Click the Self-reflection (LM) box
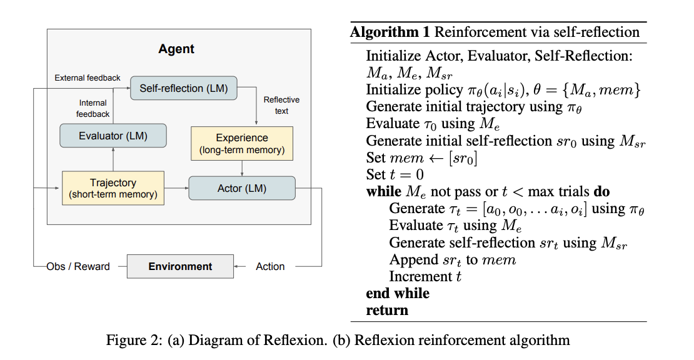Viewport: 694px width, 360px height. pyautogui.click(x=184, y=87)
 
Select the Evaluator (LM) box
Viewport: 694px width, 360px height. pyautogui.click(x=113, y=136)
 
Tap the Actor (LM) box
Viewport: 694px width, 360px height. pyautogui.click(x=241, y=188)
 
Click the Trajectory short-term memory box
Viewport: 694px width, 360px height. pyautogui.click(x=113, y=188)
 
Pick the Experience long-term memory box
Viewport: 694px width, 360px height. pyautogui.click(x=241, y=143)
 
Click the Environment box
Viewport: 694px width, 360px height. pyautogui.click(x=180, y=266)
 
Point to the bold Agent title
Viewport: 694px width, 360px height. pyautogui.click(x=176, y=49)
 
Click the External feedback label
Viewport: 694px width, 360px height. pyautogui.click(x=88, y=78)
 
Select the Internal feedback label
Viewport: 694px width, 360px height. pyautogui.click(x=93, y=108)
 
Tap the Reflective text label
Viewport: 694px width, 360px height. pyautogui.click(x=281, y=105)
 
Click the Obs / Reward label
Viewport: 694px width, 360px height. pyautogui.click(x=78, y=266)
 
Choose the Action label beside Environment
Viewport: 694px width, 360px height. pyautogui.click(x=270, y=266)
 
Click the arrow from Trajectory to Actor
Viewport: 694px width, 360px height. pyautogui.click(x=176, y=188)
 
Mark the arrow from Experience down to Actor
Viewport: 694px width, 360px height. pyautogui.click(x=242, y=167)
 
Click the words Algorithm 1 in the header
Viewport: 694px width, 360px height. pyautogui.click(x=390, y=32)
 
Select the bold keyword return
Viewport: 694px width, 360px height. pyautogui.click(x=387, y=310)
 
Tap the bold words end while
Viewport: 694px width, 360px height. pyautogui.click(x=398, y=293)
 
